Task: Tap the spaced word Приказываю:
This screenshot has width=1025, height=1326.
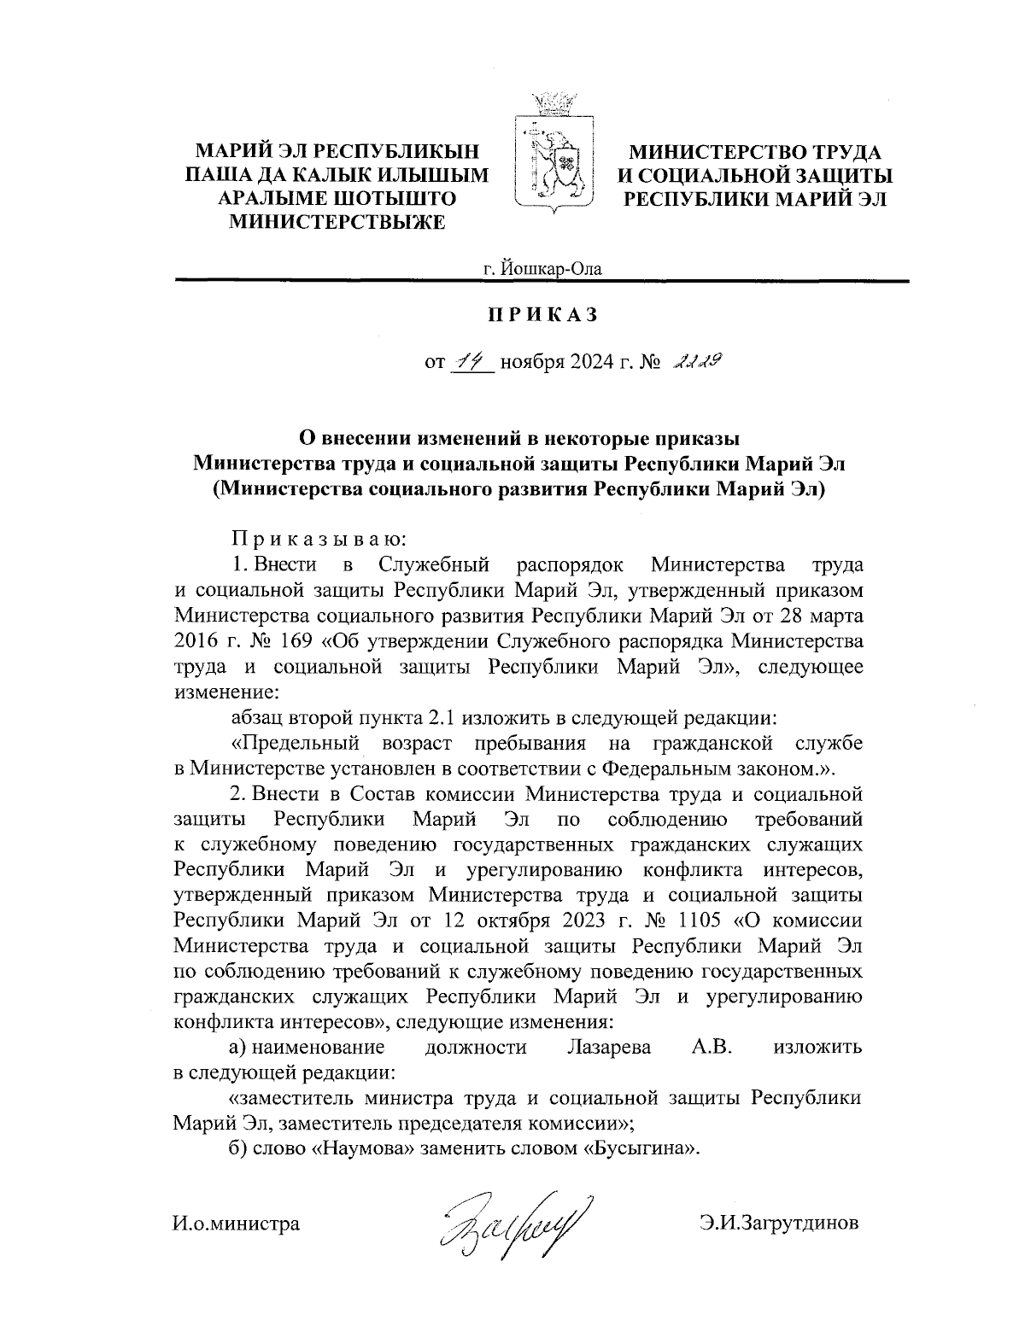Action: point(322,539)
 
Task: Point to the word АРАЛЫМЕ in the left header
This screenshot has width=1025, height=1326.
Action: point(269,200)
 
